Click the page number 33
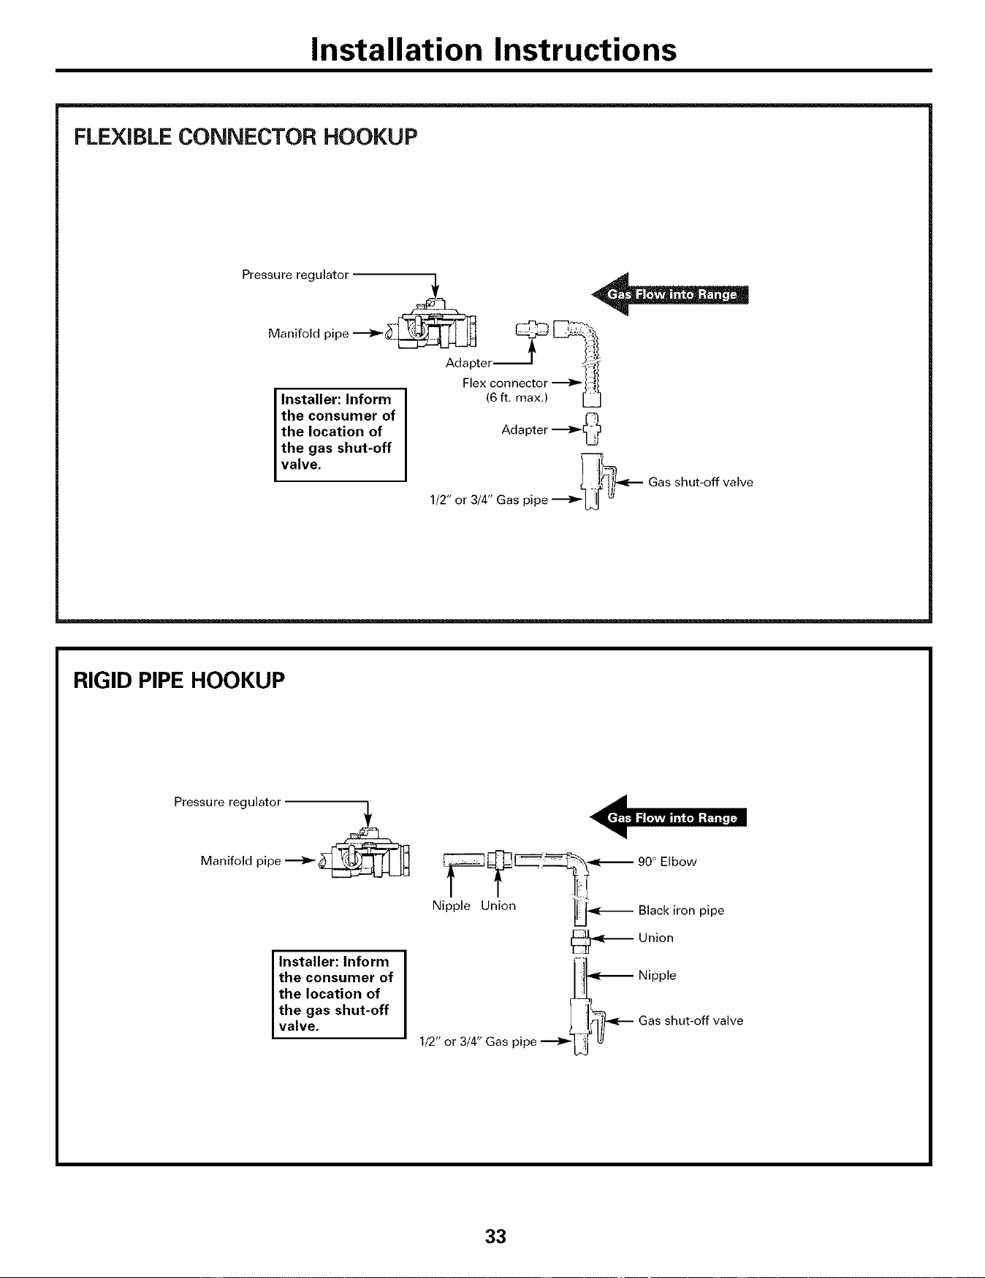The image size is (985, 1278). coord(496,1236)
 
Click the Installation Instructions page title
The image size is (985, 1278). coord(493,50)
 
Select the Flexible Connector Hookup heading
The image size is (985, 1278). coord(246,137)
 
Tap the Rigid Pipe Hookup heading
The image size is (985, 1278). coord(179,681)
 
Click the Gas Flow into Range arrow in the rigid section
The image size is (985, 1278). coord(669,817)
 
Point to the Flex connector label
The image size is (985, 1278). coord(505,383)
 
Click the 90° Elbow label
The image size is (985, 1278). coord(667,862)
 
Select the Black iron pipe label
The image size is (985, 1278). coord(681,911)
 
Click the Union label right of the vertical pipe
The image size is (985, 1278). coord(655,938)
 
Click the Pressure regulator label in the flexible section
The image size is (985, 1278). coord(294,275)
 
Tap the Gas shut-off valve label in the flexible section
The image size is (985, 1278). coord(700,482)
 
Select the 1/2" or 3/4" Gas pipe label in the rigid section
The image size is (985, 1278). coord(478,1041)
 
